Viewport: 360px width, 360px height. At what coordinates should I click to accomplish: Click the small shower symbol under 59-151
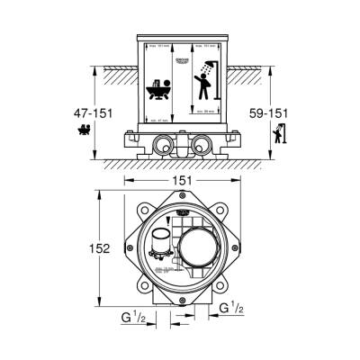277,133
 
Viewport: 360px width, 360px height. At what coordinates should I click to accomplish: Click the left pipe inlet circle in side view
163,142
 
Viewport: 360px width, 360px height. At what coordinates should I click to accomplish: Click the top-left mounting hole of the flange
138,204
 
